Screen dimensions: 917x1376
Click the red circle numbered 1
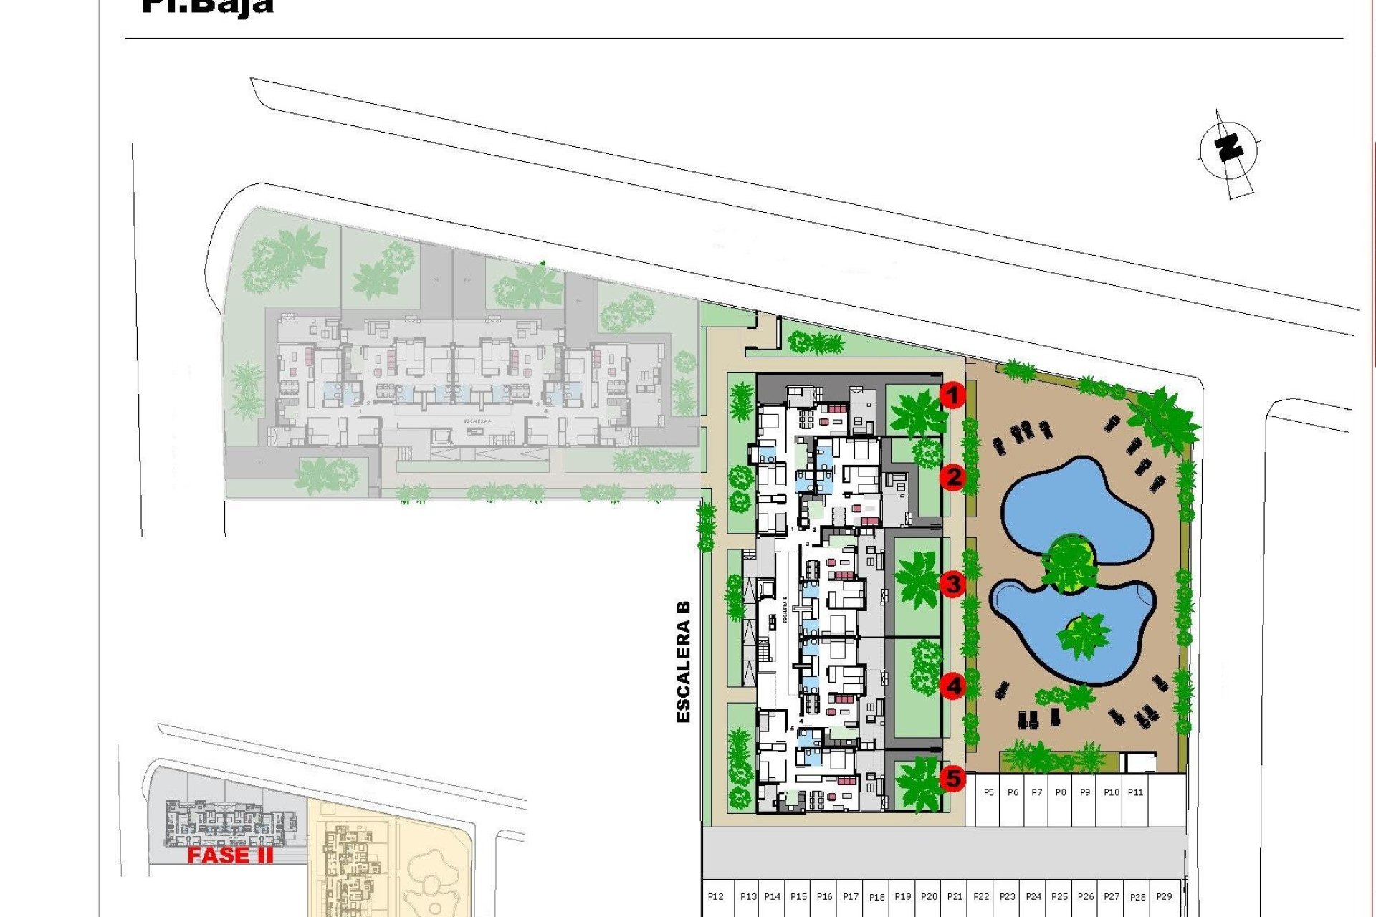952,395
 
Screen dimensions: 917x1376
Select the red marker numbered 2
952,477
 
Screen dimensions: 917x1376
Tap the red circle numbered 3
952,584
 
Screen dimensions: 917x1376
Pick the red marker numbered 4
953,686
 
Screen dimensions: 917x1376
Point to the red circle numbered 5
953,778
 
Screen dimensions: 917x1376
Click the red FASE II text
230,855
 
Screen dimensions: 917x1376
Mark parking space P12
715,897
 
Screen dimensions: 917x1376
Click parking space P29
1164,897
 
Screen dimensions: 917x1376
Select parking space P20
929,897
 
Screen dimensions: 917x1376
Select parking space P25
1059,897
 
